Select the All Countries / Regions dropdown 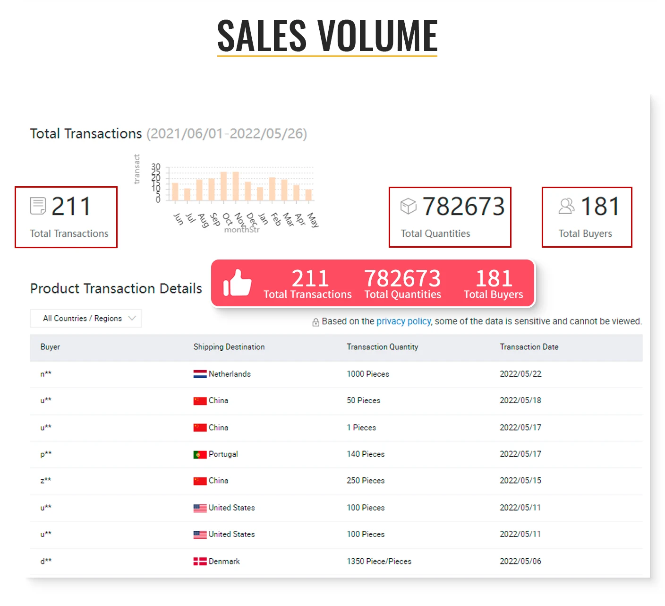point(86,319)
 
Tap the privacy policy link point(403,321)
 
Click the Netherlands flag point(200,374)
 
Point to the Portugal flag point(200,454)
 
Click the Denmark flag point(200,562)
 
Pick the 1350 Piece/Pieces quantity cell point(379,562)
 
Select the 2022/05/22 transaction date point(520,374)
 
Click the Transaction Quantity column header point(382,347)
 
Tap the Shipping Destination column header point(229,347)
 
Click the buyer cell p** point(46,454)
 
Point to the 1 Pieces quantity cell point(361,428)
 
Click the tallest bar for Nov point(236,187)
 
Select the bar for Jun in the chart point(175,192)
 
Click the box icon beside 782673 point(409,206)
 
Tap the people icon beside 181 point(566,206)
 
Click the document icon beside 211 point(38,206)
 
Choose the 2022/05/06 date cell point(520,562)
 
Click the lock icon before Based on point(315,322)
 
